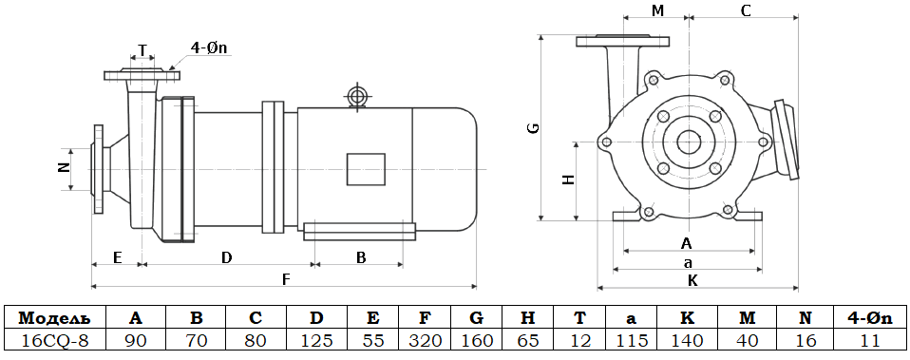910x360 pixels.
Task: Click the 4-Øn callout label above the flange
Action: (x=211, y=48)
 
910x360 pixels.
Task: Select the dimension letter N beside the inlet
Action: (x=65, y=168)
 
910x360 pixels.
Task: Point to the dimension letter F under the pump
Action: (x=285, y=279)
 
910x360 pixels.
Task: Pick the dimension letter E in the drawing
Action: (x=117, y=257)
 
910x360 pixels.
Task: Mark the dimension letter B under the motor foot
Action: (x=361, y=257)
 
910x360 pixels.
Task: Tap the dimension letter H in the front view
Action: (x=569, y=180)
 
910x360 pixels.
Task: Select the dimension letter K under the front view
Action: (x=692, y=281)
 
